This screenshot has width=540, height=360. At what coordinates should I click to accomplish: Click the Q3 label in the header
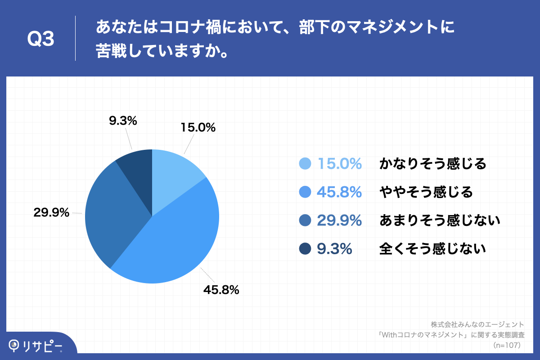[x=41, y=40]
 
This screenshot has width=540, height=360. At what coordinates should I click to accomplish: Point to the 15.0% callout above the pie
[x=198, y=128]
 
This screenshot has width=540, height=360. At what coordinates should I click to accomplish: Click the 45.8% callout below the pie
[x=221, y=290]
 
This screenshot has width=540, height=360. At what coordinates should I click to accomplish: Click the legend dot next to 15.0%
[x=305, y=164]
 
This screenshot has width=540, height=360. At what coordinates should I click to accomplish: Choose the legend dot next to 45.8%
[x=305, y=192]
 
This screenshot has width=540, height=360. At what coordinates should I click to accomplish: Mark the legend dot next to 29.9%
[x=305, y=220]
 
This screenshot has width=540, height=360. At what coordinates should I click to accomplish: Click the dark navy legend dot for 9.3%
[x=305, y=248]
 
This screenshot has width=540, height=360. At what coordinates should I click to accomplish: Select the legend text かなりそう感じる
[x=433, y=164]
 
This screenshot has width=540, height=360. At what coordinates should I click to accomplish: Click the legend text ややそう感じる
[x=426, y=192]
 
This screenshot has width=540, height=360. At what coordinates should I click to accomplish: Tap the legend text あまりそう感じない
[x=440, y=220]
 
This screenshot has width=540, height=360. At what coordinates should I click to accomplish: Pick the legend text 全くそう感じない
[x=433, y=248]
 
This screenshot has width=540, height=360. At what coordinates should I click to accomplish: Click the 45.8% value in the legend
[x=339, y=192]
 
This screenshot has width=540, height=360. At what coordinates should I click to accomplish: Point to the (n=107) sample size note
[x=507, y=345]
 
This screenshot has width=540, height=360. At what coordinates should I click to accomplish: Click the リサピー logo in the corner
[x=36, y=346]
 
